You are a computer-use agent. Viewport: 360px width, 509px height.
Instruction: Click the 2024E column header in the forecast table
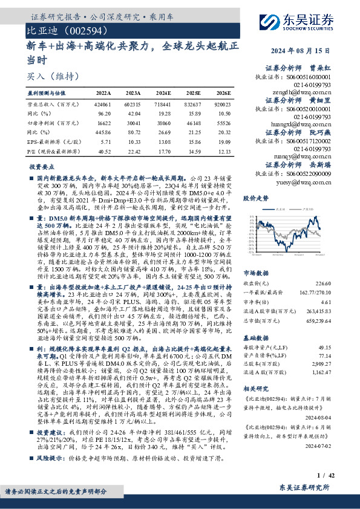(x=163, y=94)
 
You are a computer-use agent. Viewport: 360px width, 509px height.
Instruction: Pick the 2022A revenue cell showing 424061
(x=103, y=103)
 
